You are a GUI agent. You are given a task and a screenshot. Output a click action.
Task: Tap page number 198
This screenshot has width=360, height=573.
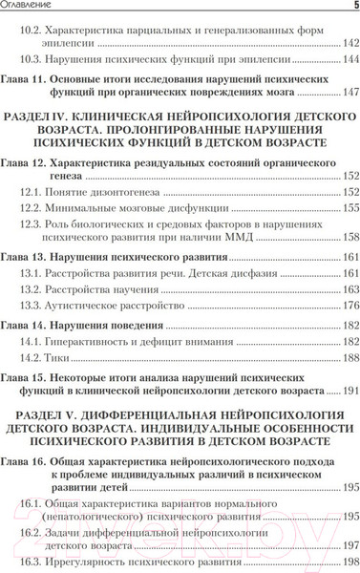click(349, 563)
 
